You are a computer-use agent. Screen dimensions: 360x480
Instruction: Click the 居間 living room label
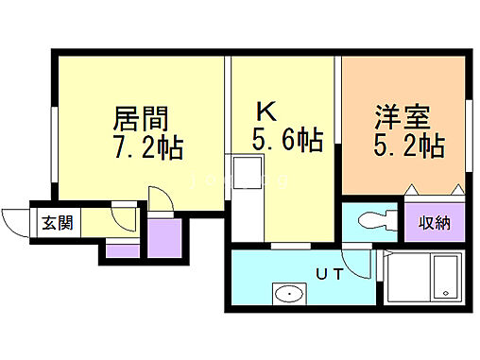[x=141, y=120]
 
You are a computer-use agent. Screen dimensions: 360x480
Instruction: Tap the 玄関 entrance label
[x=53, y=224]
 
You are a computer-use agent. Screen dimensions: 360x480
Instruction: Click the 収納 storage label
[x=436, y=224]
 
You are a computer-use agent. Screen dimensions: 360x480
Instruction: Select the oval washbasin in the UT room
[x=287, y=294]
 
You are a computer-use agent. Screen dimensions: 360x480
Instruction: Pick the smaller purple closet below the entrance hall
[x=121, y=249]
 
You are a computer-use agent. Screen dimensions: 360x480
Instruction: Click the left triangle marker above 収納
[x=413, y=192]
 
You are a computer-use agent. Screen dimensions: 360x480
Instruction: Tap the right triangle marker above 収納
[x=458, y=192]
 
